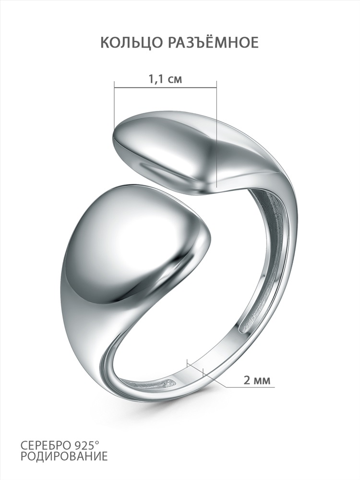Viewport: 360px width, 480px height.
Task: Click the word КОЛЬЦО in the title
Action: point(128,43)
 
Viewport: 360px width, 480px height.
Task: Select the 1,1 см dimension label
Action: point(165,79)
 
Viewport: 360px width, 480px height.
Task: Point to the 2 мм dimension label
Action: point(257,381)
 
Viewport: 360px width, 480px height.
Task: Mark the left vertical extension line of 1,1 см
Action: point(114,105)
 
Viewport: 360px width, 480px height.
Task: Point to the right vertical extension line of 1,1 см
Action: point(217,134)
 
